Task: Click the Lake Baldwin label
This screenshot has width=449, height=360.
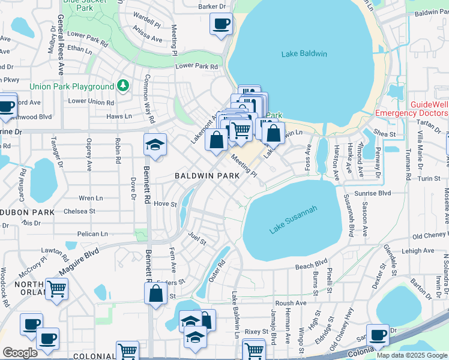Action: [x=304, y=54]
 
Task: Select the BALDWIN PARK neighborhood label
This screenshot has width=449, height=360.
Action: [x=207, y=176]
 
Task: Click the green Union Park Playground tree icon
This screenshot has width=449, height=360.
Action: [x=123, y=86]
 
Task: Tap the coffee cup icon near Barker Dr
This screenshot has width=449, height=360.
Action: [x=221, y=24]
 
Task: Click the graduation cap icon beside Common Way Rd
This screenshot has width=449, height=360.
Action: [x=155, y=145]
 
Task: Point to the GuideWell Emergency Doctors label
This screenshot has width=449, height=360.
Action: [x=412, y=109]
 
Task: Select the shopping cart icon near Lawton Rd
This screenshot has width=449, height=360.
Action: [x=57, y=289]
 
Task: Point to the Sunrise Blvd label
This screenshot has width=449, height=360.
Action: [x=373, y=194]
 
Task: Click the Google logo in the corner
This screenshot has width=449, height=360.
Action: [x=20, y=353]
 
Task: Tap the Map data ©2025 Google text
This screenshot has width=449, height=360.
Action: [x=412, y=355]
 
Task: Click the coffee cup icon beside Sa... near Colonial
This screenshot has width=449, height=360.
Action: [x=378, y=335]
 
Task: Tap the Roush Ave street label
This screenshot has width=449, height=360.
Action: [x=292, y=304]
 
